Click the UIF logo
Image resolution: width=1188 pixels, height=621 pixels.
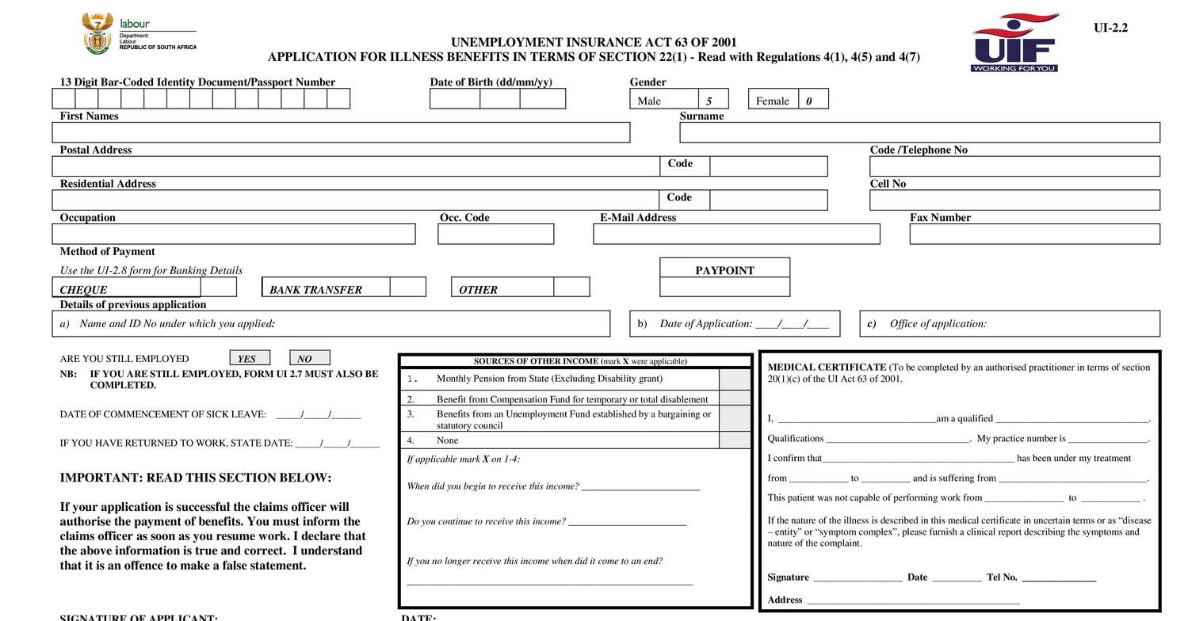coord(1014,43)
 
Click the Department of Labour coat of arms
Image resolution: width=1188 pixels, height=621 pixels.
coord(97,33)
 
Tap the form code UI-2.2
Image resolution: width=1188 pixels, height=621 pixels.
coord(1110,28)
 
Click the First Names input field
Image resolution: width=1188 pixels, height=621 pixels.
coord(341,133)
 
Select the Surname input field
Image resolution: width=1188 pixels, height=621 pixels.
coord(919,133)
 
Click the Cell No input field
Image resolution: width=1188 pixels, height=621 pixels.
coord(1014,200)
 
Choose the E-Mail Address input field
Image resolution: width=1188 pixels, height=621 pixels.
coord(736,234)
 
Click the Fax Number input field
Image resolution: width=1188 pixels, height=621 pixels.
coord(1034,234)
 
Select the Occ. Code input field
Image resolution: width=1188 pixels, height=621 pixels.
coord(495,234)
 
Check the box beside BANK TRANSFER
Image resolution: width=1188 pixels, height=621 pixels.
coord(407,287)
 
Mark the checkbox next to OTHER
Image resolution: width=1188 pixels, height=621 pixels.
coord(571,287)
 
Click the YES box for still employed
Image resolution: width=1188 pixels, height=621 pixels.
coord(250,358)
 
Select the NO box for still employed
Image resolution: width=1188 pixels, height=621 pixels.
coord(310,358)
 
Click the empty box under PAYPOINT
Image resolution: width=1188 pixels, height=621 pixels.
coord(724,287)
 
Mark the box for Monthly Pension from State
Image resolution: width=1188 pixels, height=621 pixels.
coord(735,379)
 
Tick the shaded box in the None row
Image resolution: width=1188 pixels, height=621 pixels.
coord(735,440)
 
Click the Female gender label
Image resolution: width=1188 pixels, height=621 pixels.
coord(773,101)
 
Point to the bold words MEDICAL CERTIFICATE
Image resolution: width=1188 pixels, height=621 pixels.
coord(827,368)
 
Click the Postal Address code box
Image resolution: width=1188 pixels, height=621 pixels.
coord(768,166)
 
